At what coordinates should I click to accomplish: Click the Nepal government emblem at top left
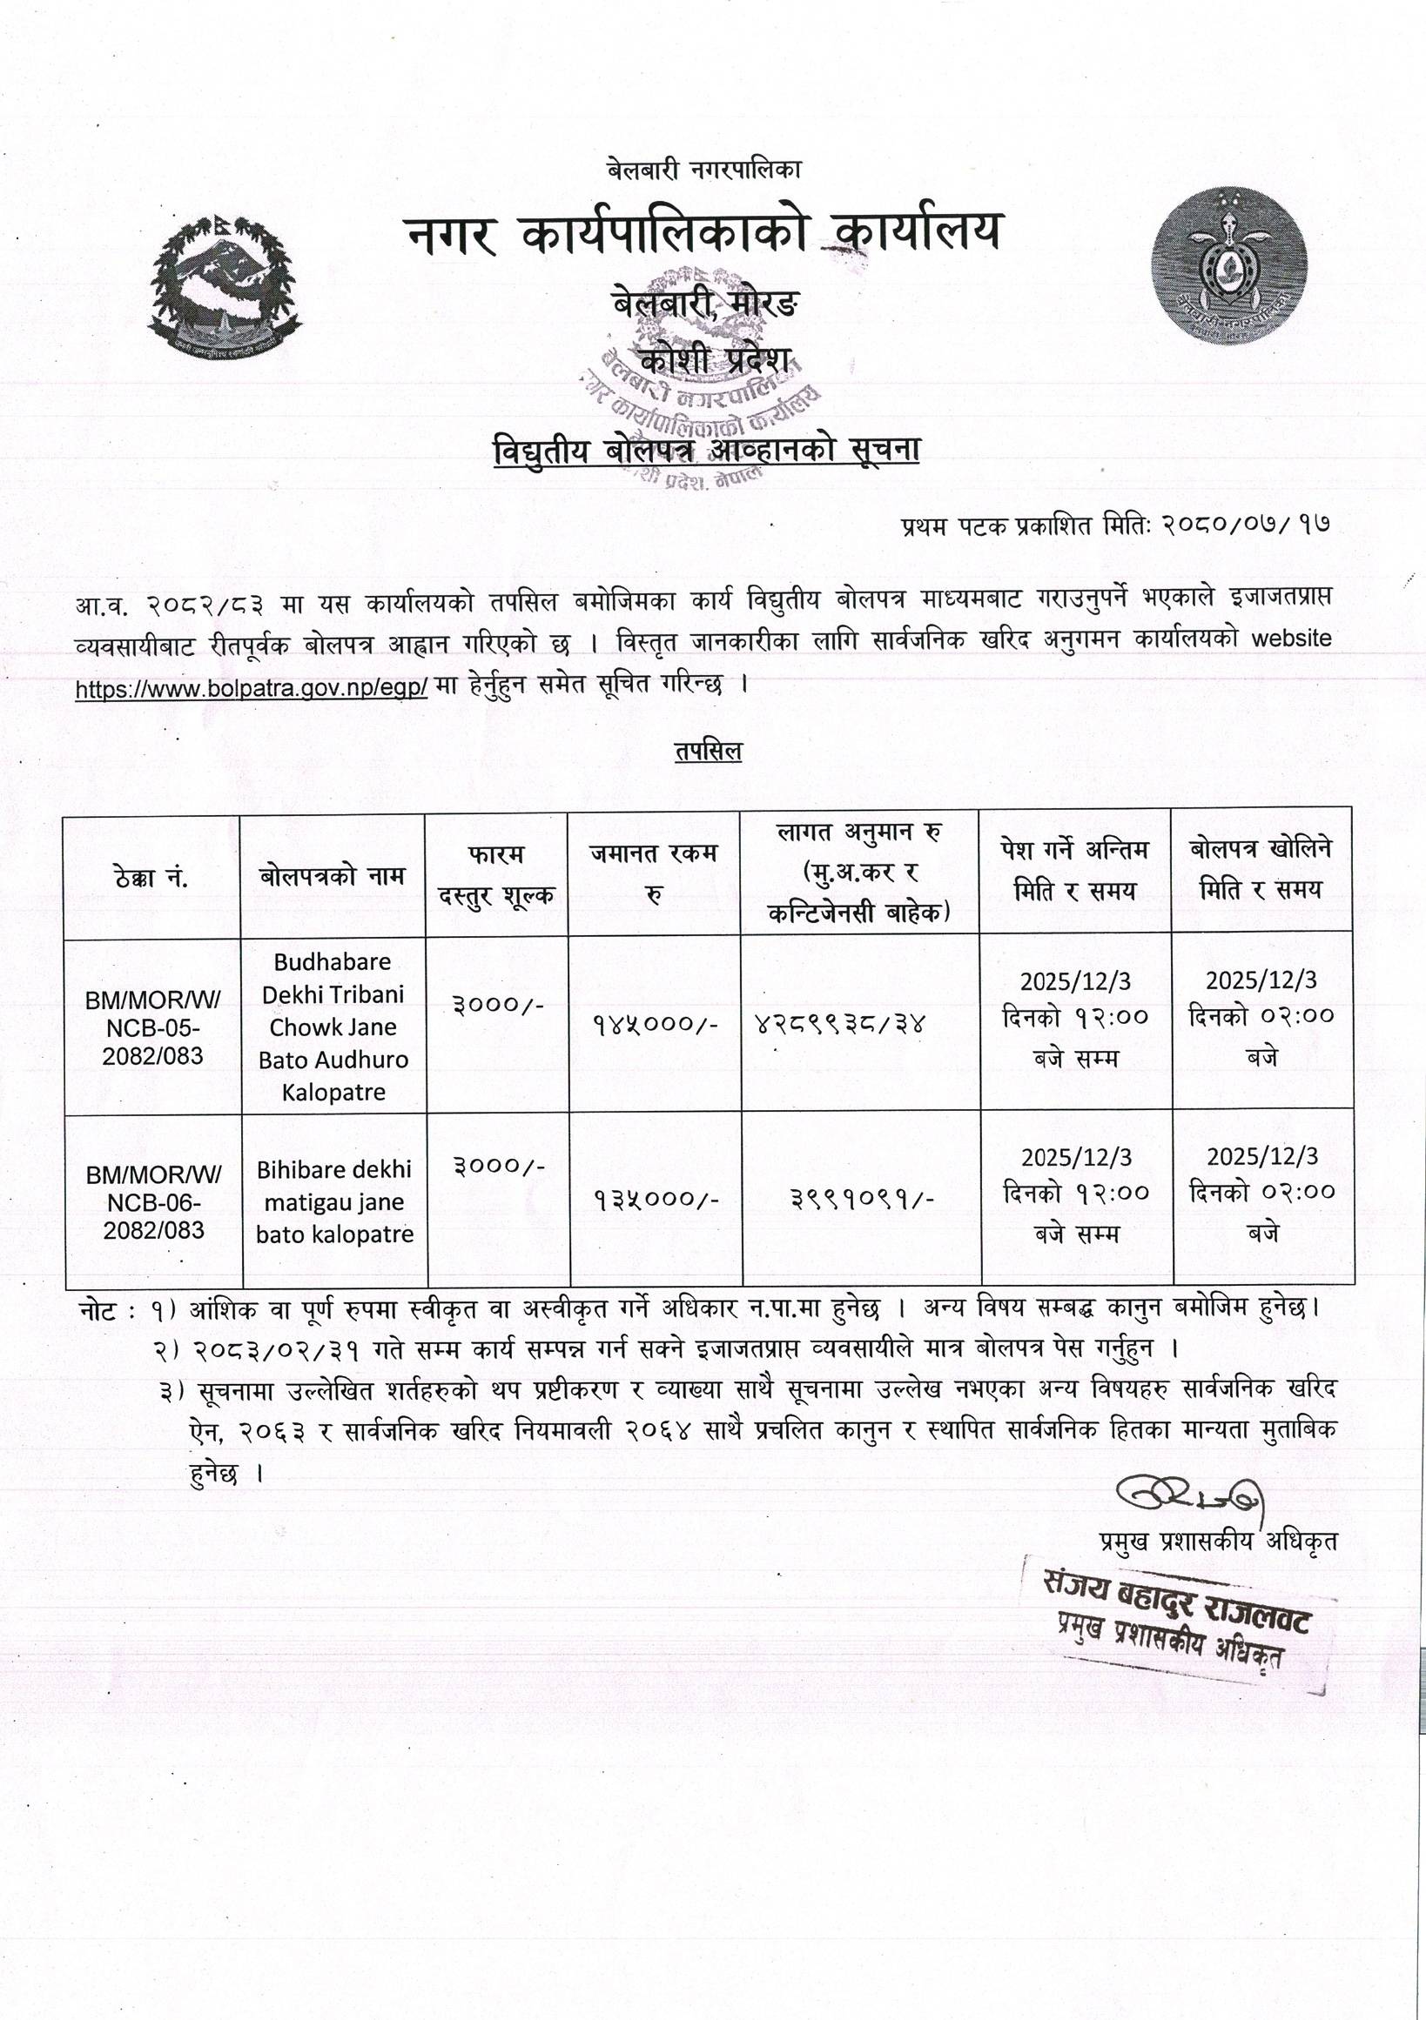[225, 286]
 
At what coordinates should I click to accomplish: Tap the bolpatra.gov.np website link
[252, 688]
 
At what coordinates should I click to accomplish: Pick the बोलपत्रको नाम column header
[333, 876]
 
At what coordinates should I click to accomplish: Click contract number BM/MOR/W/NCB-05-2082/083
[153, 1027]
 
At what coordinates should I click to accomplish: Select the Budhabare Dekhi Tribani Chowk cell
[333, 1027]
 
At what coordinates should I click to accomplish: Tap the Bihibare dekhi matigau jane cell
[334, 1201]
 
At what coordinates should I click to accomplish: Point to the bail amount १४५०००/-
[654, 1024]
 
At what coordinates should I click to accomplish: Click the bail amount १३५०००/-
[655, 1198]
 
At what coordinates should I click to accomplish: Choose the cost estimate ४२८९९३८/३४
[840, 1024]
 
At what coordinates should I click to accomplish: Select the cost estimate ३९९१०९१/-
[863, 1198]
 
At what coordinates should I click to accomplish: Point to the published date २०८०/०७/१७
[1244, 526]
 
